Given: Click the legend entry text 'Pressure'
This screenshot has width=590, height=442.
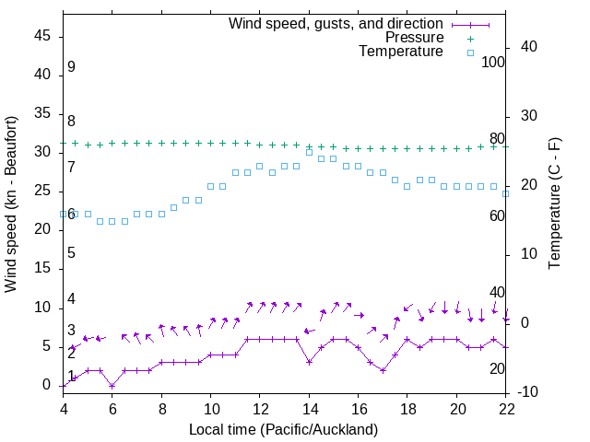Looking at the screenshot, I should [414, 38].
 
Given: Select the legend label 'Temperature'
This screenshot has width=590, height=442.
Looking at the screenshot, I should [401, 52].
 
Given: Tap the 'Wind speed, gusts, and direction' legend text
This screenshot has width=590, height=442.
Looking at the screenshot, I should [336, 23].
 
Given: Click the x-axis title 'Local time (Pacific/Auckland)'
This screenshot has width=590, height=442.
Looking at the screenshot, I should [284, 429].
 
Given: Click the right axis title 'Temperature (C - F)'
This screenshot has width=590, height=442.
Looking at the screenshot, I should [554, 204].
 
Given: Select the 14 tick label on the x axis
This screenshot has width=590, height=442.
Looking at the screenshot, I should [309, 408].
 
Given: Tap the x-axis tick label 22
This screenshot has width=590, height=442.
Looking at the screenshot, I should [506, 408].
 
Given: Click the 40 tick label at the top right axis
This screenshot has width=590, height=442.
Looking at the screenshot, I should [530, 47].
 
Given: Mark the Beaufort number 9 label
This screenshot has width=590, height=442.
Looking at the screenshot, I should [71, 67].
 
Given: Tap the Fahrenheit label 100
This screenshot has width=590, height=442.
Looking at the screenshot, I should [493, 62].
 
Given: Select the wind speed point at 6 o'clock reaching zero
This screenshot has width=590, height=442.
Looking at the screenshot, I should [112, 385].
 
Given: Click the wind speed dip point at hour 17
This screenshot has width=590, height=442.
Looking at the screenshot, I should [383, 370].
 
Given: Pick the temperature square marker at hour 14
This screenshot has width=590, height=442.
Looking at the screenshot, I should [309, 152].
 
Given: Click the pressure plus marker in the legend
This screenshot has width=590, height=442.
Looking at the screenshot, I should [469, 38].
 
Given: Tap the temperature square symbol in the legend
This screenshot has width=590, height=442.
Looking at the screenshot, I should [469, 52].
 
